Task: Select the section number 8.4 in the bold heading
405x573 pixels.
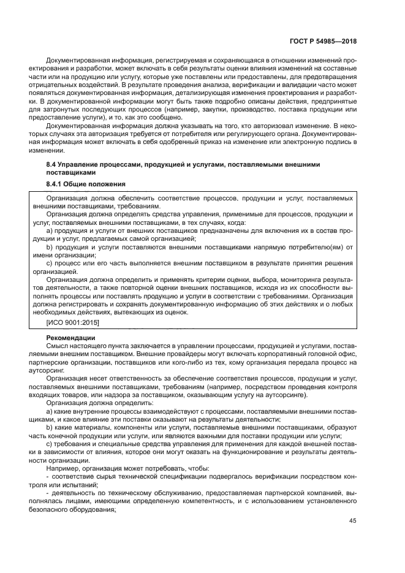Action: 52,165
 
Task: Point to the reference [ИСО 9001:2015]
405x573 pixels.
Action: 72,322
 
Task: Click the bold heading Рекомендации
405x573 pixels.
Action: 70,338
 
